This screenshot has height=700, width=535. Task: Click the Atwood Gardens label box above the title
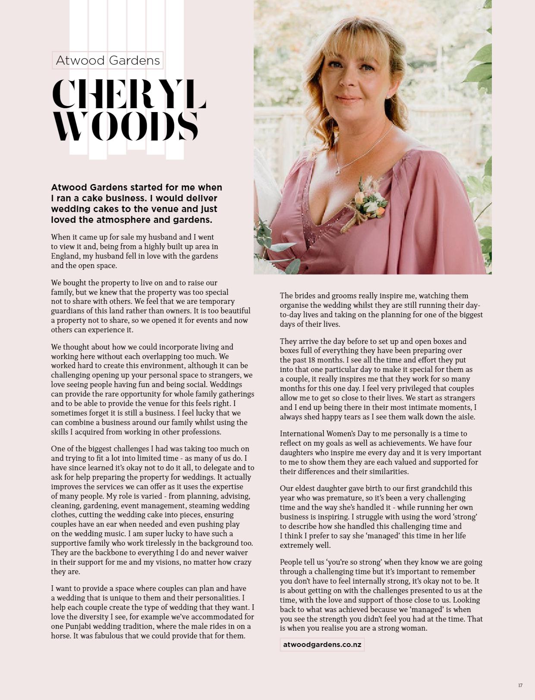(x=107, y=60)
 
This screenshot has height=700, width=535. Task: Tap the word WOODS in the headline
(x=125, y=126)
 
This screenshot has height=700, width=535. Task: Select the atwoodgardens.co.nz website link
(x=322, y=644)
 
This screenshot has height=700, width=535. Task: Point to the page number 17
(x=520, y=685)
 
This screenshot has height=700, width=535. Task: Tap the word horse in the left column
(x=61, y=636)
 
